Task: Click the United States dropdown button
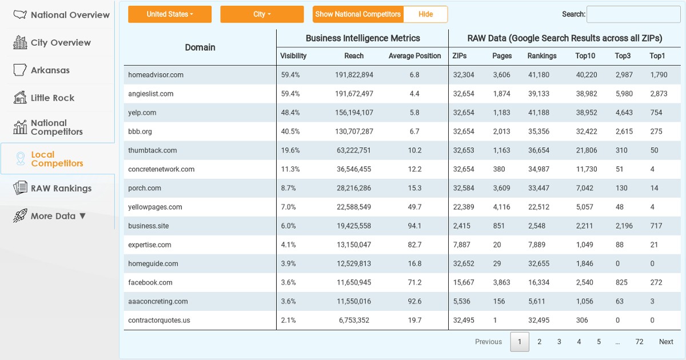(170, 14)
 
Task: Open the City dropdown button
(262, 14)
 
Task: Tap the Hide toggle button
(425, 14)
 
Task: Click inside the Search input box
(633, 14)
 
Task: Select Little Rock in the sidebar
(53, 98)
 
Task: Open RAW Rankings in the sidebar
(61, 188)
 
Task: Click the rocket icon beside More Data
(20, 216)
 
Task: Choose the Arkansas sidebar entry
(50, 70)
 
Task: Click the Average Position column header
(414, 56)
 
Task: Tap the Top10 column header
(585, 56)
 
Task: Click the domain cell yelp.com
(142, 113)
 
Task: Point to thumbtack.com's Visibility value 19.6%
(290, 150)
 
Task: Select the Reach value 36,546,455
(354, 169)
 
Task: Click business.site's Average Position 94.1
(414, 226)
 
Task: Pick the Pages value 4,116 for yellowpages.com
(501, 207)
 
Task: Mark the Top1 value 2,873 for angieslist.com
(659, 94)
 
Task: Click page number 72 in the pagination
(639, 342)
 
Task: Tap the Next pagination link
(666, 342)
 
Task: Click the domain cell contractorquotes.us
(159, 320)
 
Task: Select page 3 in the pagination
(559, 342)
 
